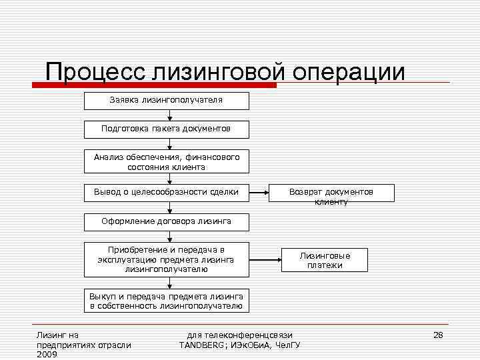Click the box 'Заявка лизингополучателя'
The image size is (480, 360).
pos(166,101)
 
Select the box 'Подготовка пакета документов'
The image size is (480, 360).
pos(166,129)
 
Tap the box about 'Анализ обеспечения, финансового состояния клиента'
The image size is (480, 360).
pos(166,161)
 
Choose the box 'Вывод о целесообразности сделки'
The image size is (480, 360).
pos(166,193)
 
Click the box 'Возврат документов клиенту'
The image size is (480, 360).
pos(331,193)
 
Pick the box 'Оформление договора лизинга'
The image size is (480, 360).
pos(166,221)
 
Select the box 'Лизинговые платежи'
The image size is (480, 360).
pos(325,259)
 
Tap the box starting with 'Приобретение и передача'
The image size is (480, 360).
pos(166,259)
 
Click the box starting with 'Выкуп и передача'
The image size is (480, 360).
pos(166,301)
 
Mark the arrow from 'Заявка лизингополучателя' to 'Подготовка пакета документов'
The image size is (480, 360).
pos(169,115)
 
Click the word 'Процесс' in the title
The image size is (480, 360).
pos(96,72)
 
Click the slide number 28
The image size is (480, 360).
pos(438,334)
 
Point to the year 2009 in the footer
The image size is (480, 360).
pos(47,354)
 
